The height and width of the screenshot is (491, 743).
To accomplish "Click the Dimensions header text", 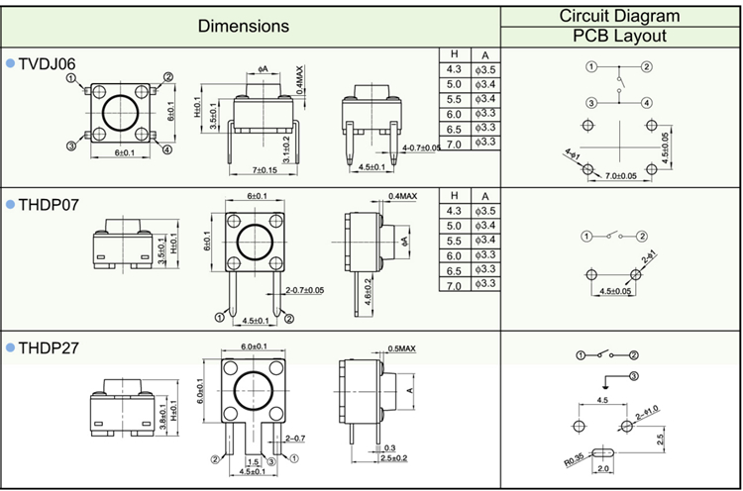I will (244, 26).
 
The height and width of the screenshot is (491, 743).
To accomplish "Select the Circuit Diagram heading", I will (620, 15).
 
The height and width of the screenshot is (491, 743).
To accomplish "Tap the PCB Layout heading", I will (620, 37).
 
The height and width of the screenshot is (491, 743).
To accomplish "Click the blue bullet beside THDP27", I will (10, 346).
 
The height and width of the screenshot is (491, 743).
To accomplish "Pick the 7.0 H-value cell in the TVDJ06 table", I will (454, 144).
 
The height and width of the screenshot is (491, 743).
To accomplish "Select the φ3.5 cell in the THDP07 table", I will (484, 211).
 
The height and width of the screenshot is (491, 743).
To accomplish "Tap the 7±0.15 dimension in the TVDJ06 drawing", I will (264, 170).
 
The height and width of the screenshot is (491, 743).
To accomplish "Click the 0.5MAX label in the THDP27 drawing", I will (401, 348).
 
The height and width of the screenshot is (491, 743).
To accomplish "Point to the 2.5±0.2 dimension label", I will (393, 457).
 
